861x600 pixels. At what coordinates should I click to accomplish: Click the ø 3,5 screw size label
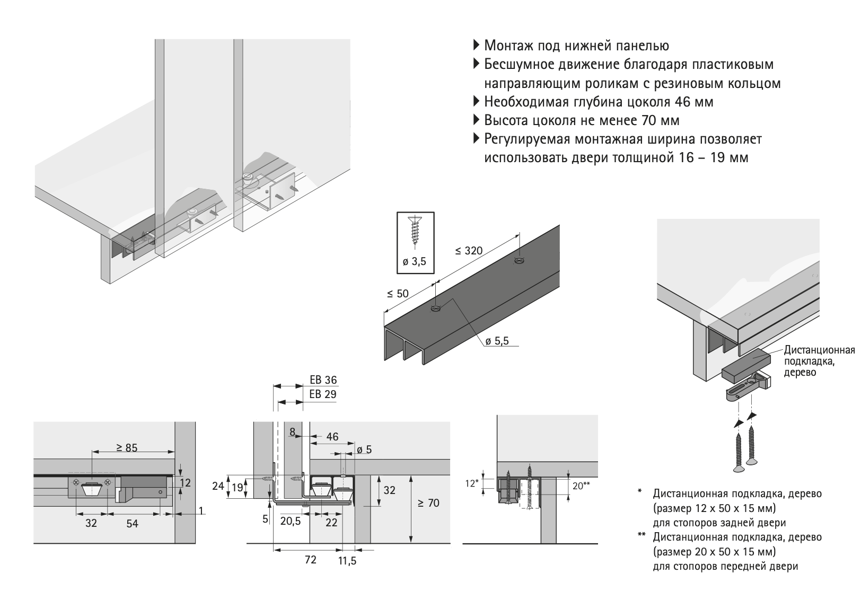pyautogui.click(x=415, y=261)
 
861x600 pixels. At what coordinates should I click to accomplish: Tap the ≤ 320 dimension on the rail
pyautogui.click(x=468, y=250)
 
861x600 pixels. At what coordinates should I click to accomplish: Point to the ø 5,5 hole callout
pyautogui.click(x=497, y=341)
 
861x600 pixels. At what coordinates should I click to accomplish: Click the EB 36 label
pyautogui.click(x=323, y=380)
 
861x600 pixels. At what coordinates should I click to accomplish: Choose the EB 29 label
pyautogui.click(x=323, y=394)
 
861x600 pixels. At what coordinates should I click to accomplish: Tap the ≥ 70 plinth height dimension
pyautogui.click(x=428, y=502)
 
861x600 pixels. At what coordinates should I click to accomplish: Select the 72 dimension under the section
pyautogui.click(x=311, y=560)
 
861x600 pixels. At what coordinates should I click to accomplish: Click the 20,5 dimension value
pyautogui.click(x=290, y=521)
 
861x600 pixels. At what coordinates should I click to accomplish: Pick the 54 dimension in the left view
pyautogui.click(x=132, y=523)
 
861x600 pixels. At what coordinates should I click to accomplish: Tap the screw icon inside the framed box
pyautogui.click(x=415, y=231)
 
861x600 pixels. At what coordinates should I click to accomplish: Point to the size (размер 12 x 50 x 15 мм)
pyautogui.click(x=714, y=508)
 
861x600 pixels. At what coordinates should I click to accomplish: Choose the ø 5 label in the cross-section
pyautogui.click(x=364, y=450)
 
